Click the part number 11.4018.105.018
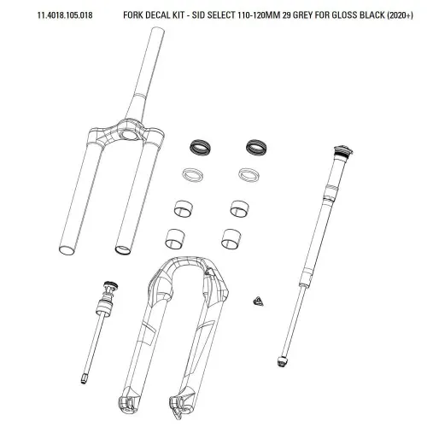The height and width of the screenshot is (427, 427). click(65, 15)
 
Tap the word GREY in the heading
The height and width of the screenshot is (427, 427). click(303, 15)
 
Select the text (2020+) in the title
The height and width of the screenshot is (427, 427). click(400, 15)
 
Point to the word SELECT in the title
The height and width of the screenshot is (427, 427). click(221, 15)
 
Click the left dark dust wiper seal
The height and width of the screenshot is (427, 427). click(201, 148)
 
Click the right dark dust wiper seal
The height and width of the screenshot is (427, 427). click(256, 148)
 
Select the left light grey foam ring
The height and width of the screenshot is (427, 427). click(193, 174)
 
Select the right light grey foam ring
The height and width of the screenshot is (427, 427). click(249, 174)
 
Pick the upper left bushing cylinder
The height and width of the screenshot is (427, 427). click(184, 208)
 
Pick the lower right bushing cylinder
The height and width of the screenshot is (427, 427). click(231, 238)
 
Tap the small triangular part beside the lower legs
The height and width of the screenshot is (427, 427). click(258, 301)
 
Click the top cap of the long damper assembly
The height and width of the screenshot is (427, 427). click(343, 151)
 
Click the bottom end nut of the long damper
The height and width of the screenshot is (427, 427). click(282, 361)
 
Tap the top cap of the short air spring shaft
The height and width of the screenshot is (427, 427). click(111, 285)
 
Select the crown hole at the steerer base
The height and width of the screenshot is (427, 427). click(130, 135)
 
